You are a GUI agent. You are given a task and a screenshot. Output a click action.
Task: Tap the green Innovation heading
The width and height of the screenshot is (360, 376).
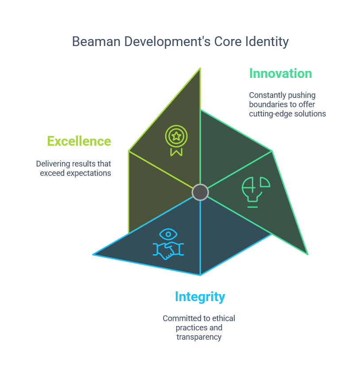click(280, 73)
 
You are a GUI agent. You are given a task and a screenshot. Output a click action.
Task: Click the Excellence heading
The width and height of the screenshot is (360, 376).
click(79, 141)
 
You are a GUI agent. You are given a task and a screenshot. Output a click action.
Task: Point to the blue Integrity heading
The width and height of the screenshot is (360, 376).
click(200, 296)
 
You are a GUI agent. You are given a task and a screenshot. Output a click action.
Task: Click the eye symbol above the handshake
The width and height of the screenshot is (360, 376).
click(168, 234)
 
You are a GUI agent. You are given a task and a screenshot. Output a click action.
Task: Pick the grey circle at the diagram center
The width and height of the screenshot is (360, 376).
click(200, 192)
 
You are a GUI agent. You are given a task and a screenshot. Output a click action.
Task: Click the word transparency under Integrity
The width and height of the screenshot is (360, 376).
click(199, 337)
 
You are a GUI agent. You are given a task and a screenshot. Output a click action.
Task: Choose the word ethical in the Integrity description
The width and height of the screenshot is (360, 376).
click(223, 318)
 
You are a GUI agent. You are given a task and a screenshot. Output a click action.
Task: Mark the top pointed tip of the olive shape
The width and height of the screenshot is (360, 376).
click(200, 69)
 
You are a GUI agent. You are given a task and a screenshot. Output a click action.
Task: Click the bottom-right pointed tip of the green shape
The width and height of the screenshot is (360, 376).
click(307, 254)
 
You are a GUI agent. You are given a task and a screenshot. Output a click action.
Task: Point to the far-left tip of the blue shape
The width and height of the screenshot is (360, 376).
click(93, 255)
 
